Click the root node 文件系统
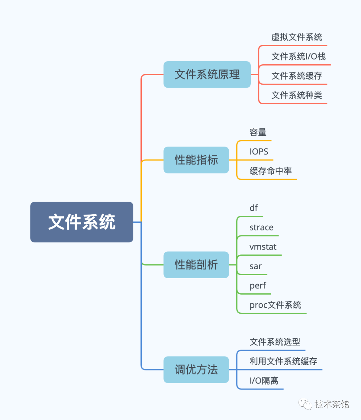(x=82, y=222)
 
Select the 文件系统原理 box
(x=207, y=75)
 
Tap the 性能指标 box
(x=196, y=160)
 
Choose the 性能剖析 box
(x=196, y=265)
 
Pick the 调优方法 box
(x=196, y=370)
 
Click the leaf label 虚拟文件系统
(x=297, y=37)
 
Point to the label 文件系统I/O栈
(x=298, y=57)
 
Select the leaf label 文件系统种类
(x=297, y=95)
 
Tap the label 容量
(x=258, y=132)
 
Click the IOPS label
(x=259, y=151)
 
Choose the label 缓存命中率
(x=271, y=171)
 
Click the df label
(x=254, y=208)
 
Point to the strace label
(x=261, y=227)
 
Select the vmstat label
(x=263, y=247)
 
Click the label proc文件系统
(x=275, y=305)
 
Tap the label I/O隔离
(x=264, y=381)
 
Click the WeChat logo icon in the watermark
(x=305, y=404)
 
